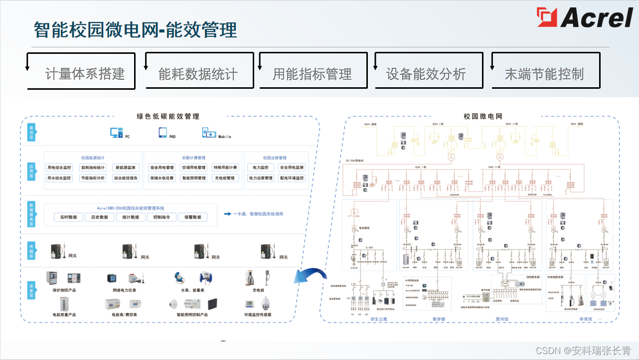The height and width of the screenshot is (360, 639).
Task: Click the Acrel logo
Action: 584,18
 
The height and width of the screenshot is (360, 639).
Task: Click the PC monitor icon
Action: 116,133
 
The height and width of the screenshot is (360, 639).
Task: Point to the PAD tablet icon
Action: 162,133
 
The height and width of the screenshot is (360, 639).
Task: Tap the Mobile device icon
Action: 209,133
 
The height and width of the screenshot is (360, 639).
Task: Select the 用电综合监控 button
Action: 59,168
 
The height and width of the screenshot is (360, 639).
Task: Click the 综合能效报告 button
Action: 126,178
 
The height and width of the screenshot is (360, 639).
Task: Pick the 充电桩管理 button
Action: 225,178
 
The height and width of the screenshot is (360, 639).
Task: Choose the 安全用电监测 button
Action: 292,168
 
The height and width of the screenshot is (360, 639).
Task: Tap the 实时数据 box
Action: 68,217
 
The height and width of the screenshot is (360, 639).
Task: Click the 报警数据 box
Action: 193,217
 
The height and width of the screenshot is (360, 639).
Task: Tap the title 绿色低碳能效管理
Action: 168,117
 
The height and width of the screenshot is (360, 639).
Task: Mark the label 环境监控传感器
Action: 258,315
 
